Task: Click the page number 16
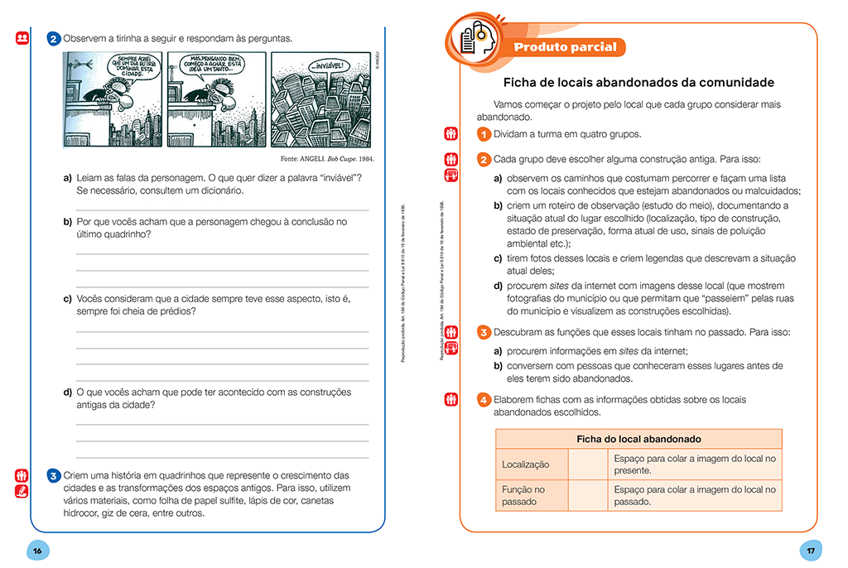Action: click(x=37, y=550)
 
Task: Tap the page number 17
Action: click(x=810, y=550)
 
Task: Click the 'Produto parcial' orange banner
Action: click(x=565, y=47)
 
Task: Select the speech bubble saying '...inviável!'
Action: click(x=327, y=65)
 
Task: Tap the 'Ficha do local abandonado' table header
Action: click(x=638, y=439)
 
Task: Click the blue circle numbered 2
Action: click(x=54, y=38)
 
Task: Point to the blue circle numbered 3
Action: click(x=54, y=476)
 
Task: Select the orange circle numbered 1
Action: click(x=484, y=134)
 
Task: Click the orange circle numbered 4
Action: click(x=484, y=401)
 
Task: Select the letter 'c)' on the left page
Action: click(x=67, y=298)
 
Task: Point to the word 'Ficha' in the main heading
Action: click(x=520, y=83)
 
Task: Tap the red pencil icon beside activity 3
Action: click(x=22, y=490)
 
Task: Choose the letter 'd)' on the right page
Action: click(x=499, y=286)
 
